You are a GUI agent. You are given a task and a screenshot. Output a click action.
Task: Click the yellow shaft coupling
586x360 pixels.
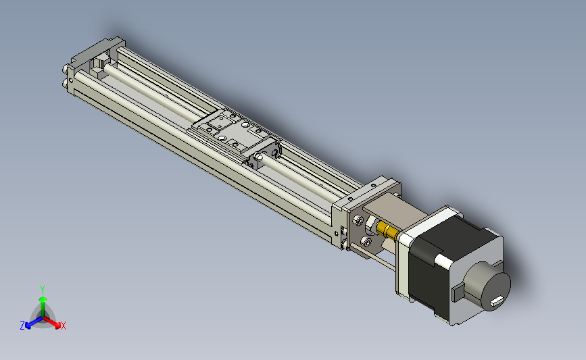[x=387, y=230]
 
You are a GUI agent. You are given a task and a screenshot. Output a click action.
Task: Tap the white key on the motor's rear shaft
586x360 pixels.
[x=496, y=301]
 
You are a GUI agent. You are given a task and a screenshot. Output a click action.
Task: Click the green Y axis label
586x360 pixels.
[x=42, y=290]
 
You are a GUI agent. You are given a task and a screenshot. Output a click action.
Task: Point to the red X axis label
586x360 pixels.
[x=63, y=326]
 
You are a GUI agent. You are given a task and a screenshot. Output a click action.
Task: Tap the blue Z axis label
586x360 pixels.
[x=22, y=326]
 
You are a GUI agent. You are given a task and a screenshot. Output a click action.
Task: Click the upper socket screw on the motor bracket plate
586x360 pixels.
[x=359, y=220]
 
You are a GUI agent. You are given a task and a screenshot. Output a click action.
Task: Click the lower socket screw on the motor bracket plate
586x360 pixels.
[x=367, y=242]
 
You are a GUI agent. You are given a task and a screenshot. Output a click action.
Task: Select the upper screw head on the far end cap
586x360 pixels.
[x=65, y=70]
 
